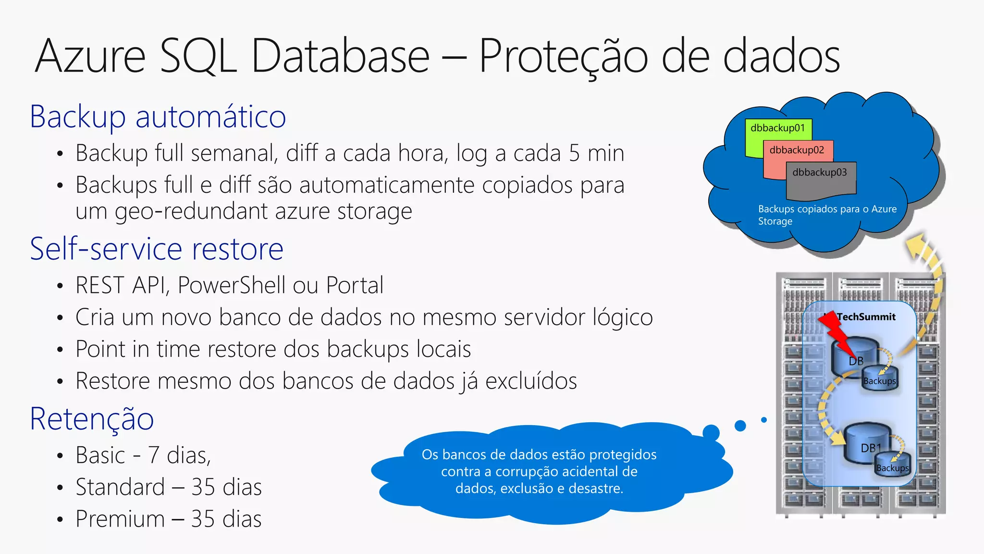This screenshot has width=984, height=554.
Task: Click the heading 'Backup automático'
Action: coord(158,117)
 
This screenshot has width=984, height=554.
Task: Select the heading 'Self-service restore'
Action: coord(157,249)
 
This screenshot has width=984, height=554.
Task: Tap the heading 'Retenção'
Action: coord(92,419)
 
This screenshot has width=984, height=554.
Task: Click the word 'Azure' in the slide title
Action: coord(90,56)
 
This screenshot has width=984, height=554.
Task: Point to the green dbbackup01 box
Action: coord(777,128)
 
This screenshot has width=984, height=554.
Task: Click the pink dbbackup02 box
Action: coord(797,151)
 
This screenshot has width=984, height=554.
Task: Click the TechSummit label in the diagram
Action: coord(866,317)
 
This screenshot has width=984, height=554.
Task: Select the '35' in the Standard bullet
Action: coord(203,487)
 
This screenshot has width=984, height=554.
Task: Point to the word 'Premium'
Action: coord(120,519)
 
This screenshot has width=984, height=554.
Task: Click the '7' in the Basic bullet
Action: coord(153,455)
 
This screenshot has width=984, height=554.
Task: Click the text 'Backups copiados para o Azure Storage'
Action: coord(827,215)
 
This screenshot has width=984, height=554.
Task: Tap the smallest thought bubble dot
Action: coord(764,420)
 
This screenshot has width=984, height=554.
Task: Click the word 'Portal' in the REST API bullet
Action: coord(355,285)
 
